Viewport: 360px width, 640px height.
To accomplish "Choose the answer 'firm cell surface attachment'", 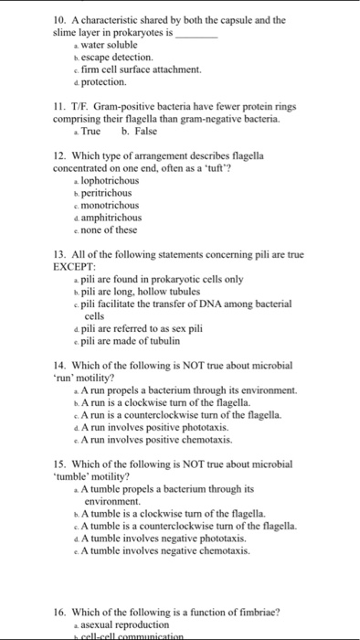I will click(x=129, y=69).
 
